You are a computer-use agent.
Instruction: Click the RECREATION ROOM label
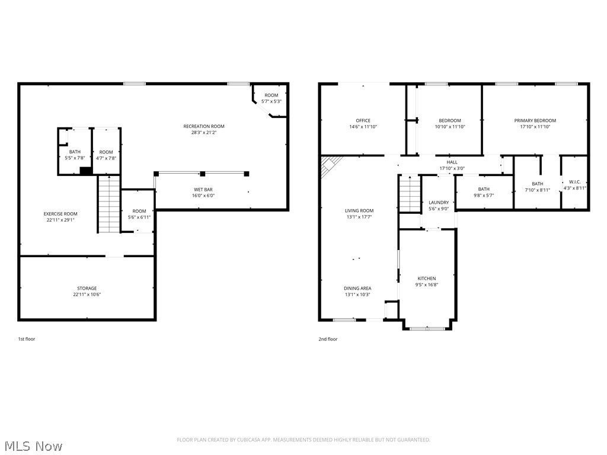click(204, 126)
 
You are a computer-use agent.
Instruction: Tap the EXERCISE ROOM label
click(60, 213)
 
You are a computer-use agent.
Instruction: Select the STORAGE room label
click(87, 289)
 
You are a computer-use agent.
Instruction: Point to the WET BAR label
click(203, 190)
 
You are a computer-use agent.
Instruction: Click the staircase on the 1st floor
click(109, 204)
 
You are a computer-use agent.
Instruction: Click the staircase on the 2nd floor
click(410, 194)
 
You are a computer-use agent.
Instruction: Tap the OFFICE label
click(363, 120)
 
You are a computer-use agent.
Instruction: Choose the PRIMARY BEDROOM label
click(535, 120)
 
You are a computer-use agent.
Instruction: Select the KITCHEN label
click(427, 278)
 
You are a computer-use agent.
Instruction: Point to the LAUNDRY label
click(439, 203)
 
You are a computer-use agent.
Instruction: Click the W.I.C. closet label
click(574, 182)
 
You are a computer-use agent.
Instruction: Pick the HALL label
click(452, 162)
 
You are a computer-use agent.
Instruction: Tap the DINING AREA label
click(357, 289)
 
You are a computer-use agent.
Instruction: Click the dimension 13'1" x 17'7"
click(359, 217)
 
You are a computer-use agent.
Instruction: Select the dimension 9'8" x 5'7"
click(484, 196)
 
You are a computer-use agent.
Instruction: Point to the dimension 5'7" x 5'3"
click(271, 101)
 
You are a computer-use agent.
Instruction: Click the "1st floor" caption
click(26, 339)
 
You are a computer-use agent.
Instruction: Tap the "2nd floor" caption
click(328, 339)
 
